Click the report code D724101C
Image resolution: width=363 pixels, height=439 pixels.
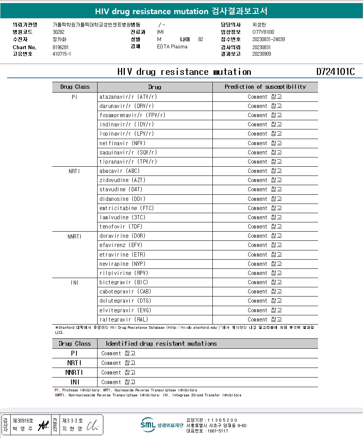[335, 72]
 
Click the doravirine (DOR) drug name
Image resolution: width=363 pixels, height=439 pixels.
[123, 236]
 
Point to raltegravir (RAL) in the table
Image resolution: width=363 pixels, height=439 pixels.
[123, 320]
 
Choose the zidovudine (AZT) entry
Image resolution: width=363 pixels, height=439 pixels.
[123, 180]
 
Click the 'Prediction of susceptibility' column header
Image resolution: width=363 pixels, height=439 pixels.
[265, 87]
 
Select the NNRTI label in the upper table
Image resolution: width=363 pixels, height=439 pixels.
[75, 236]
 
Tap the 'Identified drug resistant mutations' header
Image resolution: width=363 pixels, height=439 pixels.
[161, 344]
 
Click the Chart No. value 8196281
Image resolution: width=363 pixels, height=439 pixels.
[61, 47]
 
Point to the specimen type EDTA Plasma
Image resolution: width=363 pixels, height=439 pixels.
[172, 46]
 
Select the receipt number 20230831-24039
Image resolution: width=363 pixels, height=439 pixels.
[269, 39]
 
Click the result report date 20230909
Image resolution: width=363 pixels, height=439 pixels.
[262, 54]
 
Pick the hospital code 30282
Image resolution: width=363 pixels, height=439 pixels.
[58, 32]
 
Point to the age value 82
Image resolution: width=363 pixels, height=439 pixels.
[201, 39]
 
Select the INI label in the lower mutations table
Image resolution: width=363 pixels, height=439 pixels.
[75, 382]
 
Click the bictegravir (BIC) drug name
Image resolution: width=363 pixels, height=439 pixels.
[124, 282]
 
